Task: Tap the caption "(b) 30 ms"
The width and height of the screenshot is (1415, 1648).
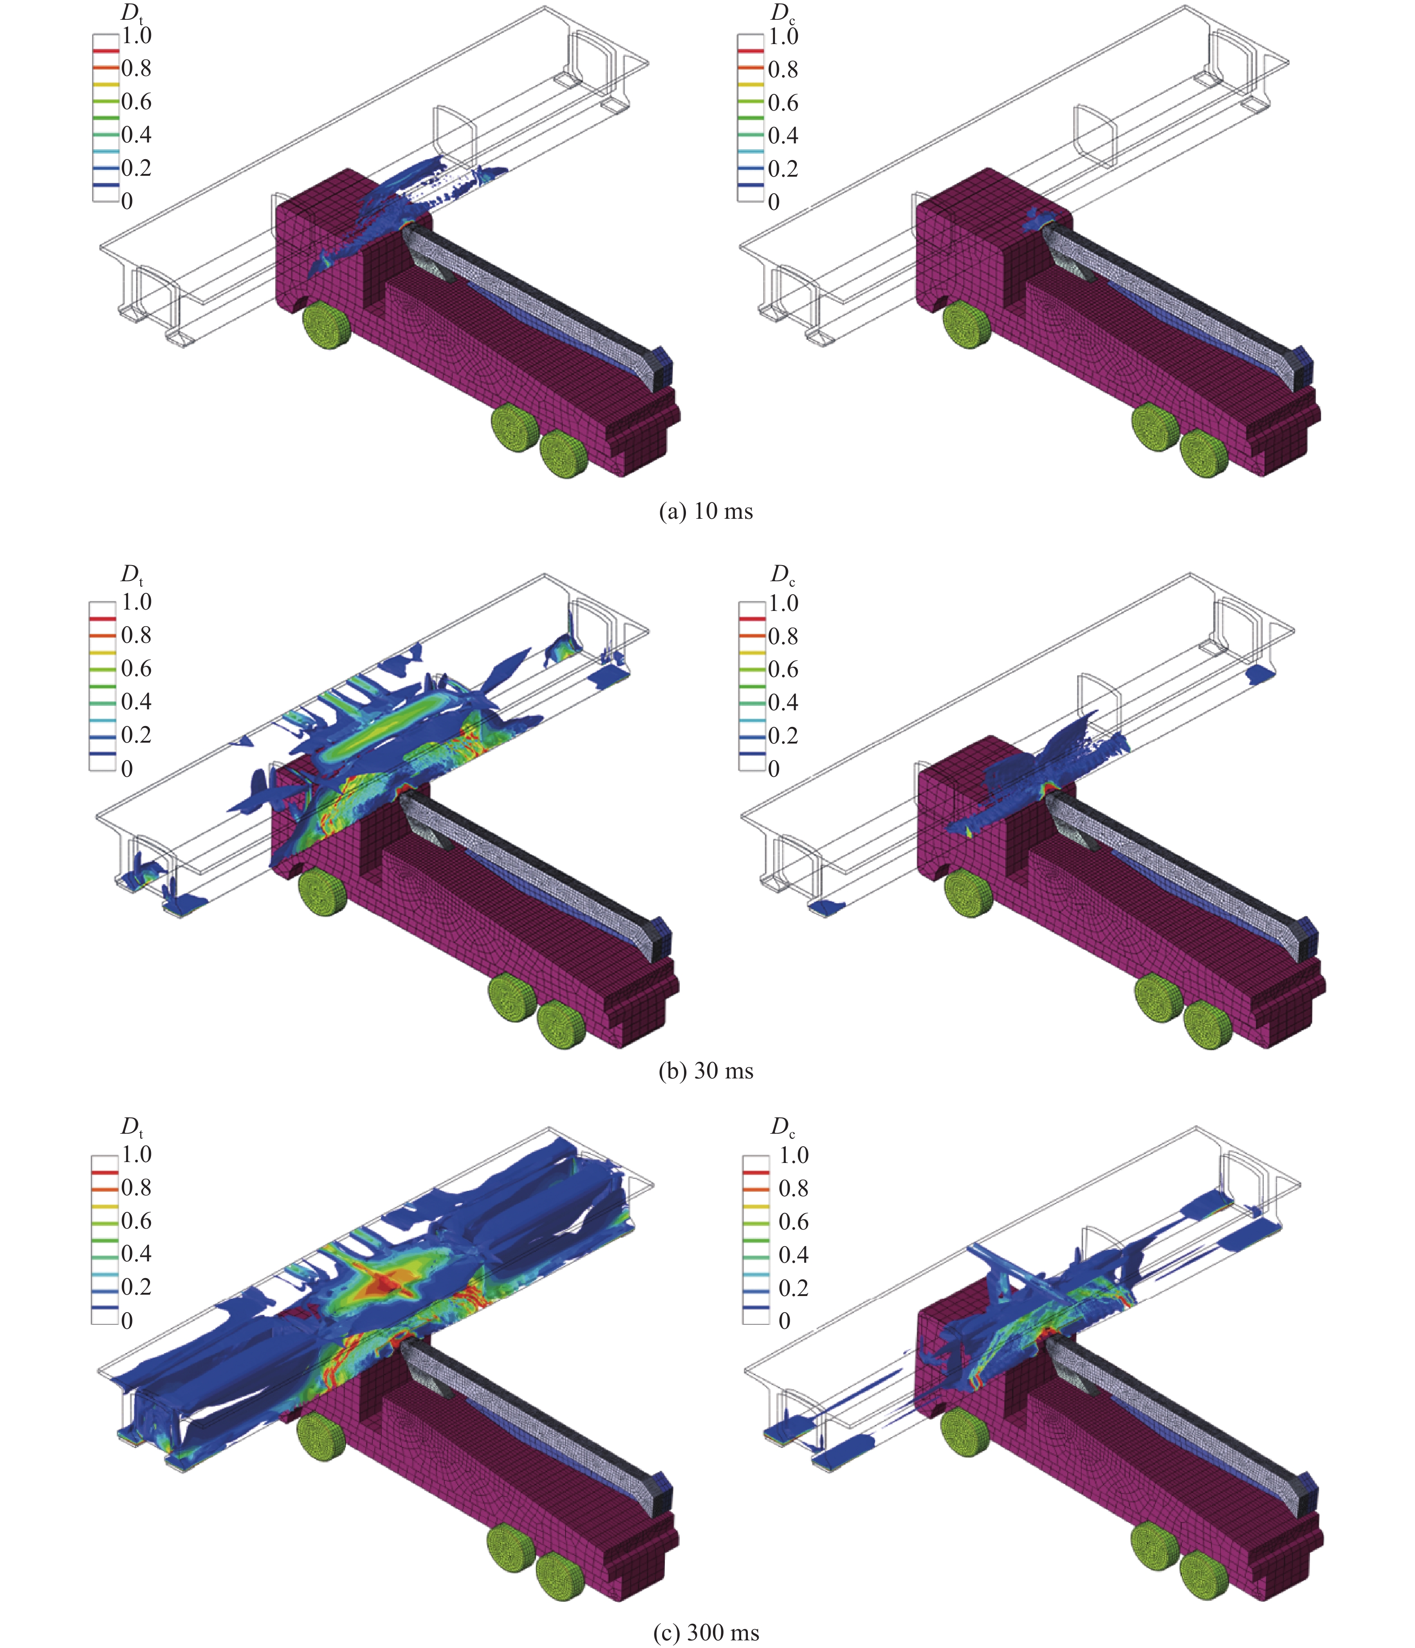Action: point(706,1070)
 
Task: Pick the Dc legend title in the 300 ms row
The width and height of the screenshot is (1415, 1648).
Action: point(782,1127)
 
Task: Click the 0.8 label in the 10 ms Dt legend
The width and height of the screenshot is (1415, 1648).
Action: point(136,68)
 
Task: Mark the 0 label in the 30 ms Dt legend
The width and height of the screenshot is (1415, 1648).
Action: point(127,768)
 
